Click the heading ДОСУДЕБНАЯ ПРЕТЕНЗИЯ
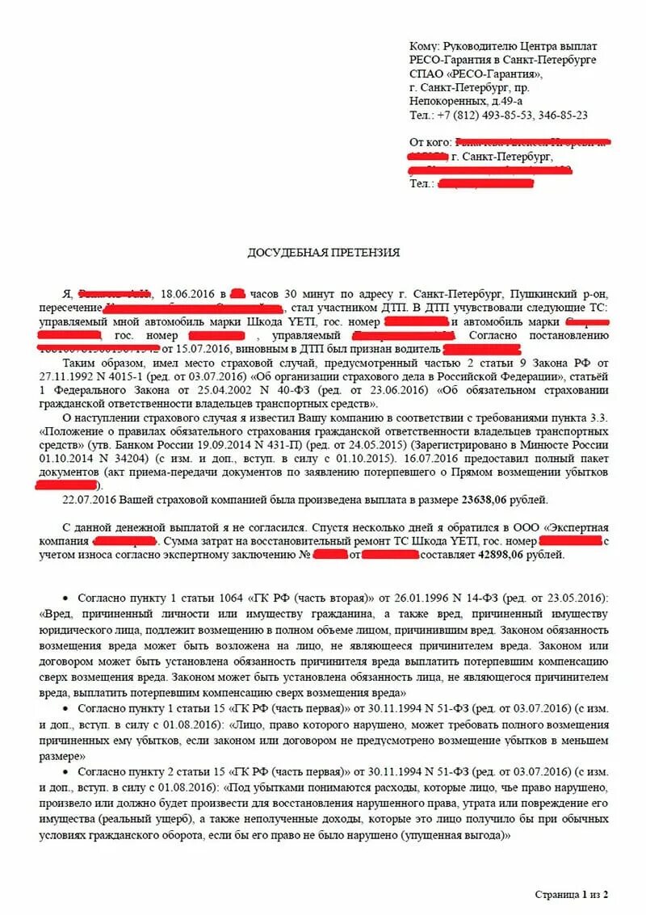point(323,253)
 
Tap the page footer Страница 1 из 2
point(570,894)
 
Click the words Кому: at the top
point(426,47)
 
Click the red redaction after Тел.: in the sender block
point(485,184)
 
